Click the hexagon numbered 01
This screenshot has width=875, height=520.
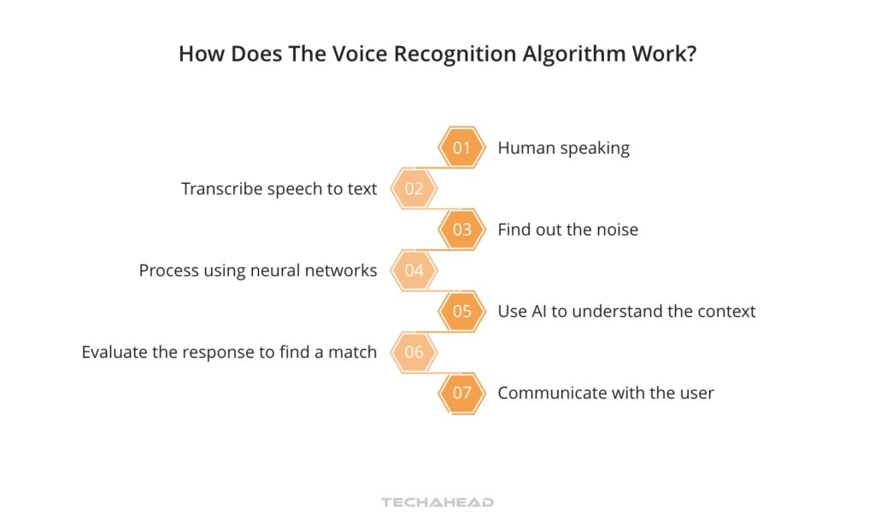click(x=461, y=148)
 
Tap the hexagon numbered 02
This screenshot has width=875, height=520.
click(x=414, y=189)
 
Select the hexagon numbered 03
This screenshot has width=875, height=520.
click(x=461, y=230)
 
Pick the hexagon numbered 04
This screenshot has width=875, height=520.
click(x=414, y=271)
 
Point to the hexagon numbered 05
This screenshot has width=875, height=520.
click(x=461, y=312)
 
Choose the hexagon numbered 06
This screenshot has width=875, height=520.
click(x=414, y=352)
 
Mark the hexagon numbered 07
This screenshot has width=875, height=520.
click(x=461, y=393)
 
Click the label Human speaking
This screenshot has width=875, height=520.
click(x=563, y=148)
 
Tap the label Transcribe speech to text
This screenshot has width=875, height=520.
click(x=279, y=189)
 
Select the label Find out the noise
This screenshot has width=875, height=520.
click(x=567, y=230)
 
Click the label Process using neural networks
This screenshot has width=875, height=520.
click(x=257, y=271)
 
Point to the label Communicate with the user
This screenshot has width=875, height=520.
click(x=606, y=393)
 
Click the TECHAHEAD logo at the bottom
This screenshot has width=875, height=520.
click(x=437, y=502)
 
